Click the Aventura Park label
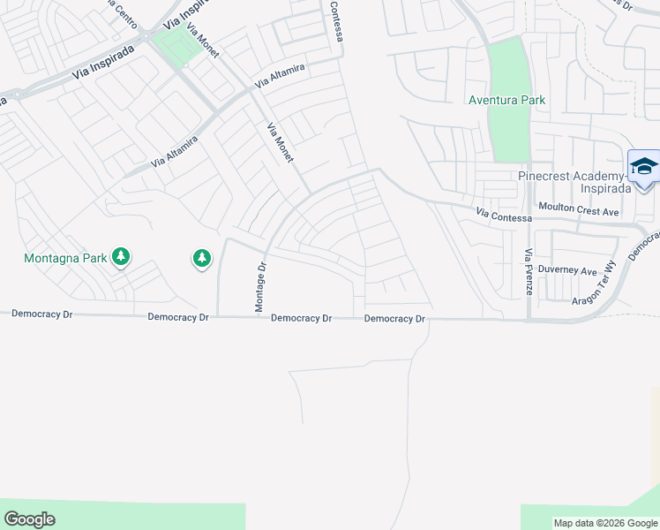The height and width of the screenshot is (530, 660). point(506,100)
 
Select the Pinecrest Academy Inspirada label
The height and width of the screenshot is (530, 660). point(574,182)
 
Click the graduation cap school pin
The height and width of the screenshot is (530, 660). point(644,167)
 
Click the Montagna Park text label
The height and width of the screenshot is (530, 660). point(64,258)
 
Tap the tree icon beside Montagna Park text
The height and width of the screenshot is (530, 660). point(121,257)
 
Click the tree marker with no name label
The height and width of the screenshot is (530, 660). point(202,258)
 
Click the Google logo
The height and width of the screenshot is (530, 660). point(29,519)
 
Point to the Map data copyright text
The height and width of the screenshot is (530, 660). point(605,523)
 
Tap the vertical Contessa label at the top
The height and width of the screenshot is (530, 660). point(336,21)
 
